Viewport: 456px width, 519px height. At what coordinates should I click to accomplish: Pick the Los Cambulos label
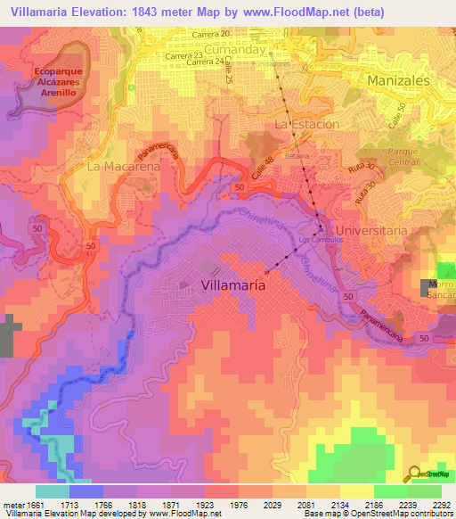314,242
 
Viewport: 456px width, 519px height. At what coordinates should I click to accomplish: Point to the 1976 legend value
237,504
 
